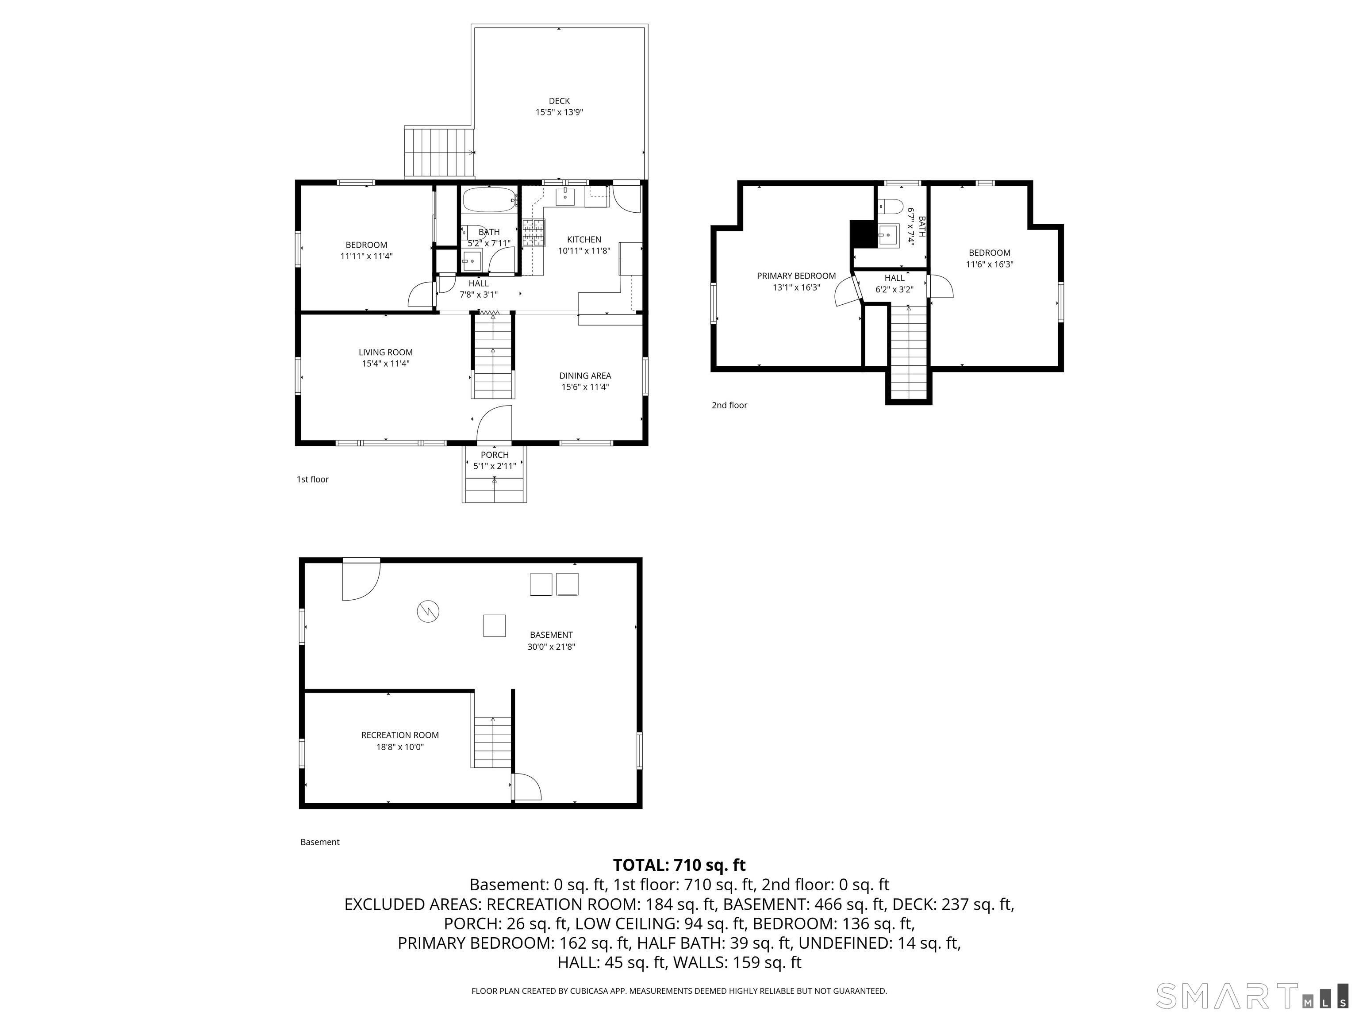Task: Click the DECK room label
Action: pos(559,101)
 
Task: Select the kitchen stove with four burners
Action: pos(534,233)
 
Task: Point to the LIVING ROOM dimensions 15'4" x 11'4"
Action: pos(386,364)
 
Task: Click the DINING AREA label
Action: pos(585,376)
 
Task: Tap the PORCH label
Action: pos(495,455)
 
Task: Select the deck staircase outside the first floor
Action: pos(440,152)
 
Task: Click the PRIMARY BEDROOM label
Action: pos(796,276)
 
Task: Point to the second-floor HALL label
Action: pos(894,278)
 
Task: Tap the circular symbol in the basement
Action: pos(428,611)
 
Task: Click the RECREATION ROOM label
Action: pos(400,735)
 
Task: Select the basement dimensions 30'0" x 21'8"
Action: pos(551,647)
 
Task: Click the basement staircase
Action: pos(492,742)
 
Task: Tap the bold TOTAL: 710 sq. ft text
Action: pos(679,866)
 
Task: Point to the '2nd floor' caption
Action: pos(729,406)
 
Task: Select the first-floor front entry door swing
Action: pos(495,424)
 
